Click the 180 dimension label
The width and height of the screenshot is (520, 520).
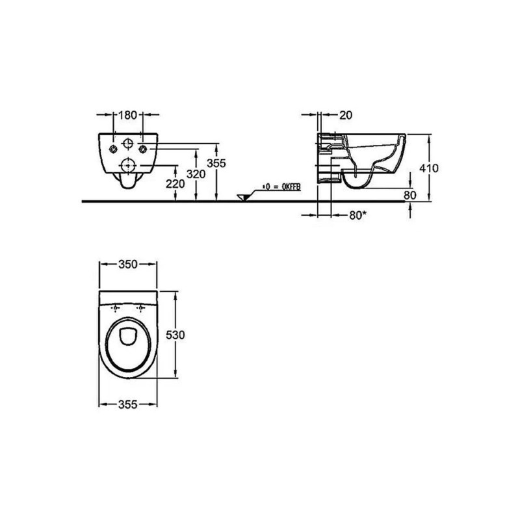click(127, 115)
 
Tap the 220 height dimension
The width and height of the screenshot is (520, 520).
click(175, 183)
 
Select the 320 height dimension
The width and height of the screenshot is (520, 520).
click(196, 174)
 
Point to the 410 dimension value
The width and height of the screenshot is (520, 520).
click(429, 168)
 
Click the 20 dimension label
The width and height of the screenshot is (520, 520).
click(346, 115)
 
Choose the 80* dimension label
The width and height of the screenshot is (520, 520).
click(358, 215)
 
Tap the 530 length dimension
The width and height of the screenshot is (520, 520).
click(175, 335)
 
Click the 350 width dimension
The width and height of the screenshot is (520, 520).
click(127, 265)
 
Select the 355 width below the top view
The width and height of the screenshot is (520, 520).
click(127, 404)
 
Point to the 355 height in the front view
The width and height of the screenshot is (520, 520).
click(216, 163)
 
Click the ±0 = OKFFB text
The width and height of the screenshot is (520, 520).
click(281, 187)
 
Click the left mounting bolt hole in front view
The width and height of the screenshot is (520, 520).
click(114, 149)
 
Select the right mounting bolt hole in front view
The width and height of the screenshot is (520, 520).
click(142, 149)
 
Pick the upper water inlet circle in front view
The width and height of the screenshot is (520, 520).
click(128, 144)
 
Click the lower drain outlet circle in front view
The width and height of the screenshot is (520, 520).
click(128, 165)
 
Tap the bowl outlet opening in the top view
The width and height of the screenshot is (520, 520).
click(128, 336)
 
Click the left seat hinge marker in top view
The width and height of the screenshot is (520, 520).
click(115, 308)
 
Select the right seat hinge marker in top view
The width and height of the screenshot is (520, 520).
click(141, 308)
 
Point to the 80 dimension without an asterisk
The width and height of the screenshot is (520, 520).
click(410, 195)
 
